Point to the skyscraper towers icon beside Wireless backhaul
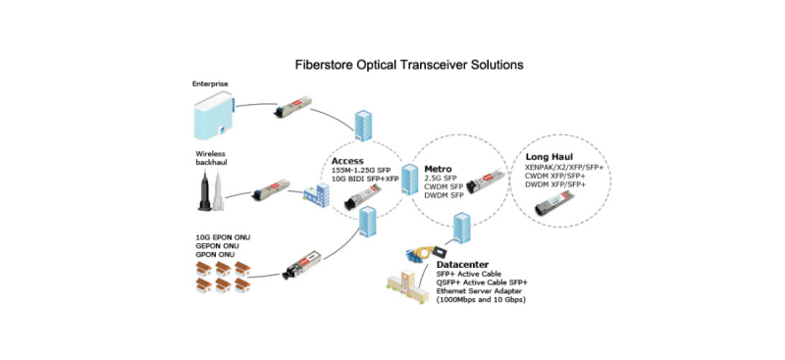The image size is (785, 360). coord(213,192)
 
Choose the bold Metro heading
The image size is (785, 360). coord(438,168)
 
